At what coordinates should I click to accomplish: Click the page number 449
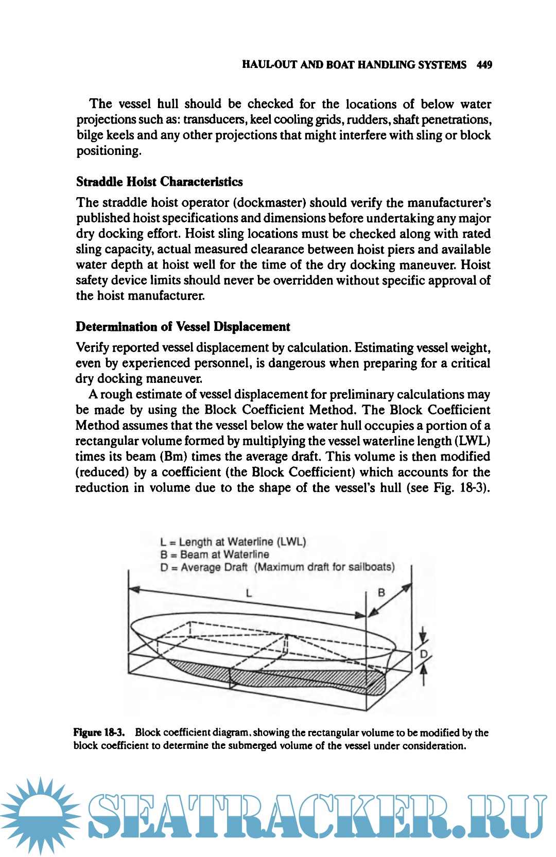(484, 65)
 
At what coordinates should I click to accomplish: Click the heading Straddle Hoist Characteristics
(159, 182)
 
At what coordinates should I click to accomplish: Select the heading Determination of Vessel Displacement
(183, 327)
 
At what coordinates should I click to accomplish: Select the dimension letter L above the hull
(249, 593)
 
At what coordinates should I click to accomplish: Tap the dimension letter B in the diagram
(381, 592)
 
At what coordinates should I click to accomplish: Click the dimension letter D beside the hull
(424, 654)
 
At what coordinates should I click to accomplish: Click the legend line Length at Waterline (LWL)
(233, 541)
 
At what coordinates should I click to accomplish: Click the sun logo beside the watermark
(40, 816)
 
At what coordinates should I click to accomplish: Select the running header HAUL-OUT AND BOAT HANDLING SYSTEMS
(354, 65)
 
